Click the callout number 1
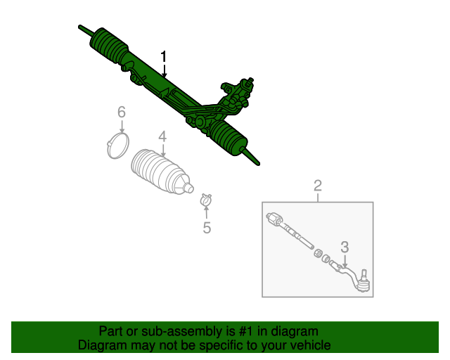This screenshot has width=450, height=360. click(x=163, y=56)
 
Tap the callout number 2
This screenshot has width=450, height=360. click(x=317, y=186)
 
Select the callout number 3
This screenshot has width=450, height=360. click(x=345, y=247)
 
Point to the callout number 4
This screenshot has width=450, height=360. click(x=162, y=136)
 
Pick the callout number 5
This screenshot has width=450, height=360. click(x=207, y=228)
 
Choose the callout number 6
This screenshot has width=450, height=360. click(x=122, y=112)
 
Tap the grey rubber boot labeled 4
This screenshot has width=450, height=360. click(x=162, y=172)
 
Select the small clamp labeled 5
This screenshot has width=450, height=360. click(x=206, y=199)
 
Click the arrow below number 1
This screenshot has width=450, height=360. click(x=164, y=70)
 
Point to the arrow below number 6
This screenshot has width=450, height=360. click(x=122, y=127)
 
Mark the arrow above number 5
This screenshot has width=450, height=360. click(x=206, y=212)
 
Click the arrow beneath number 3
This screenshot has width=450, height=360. click(x=345, y=262)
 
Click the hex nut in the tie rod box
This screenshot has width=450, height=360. click(x=317, y=254)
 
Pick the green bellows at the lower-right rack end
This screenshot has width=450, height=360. click(x=228, y=137)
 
